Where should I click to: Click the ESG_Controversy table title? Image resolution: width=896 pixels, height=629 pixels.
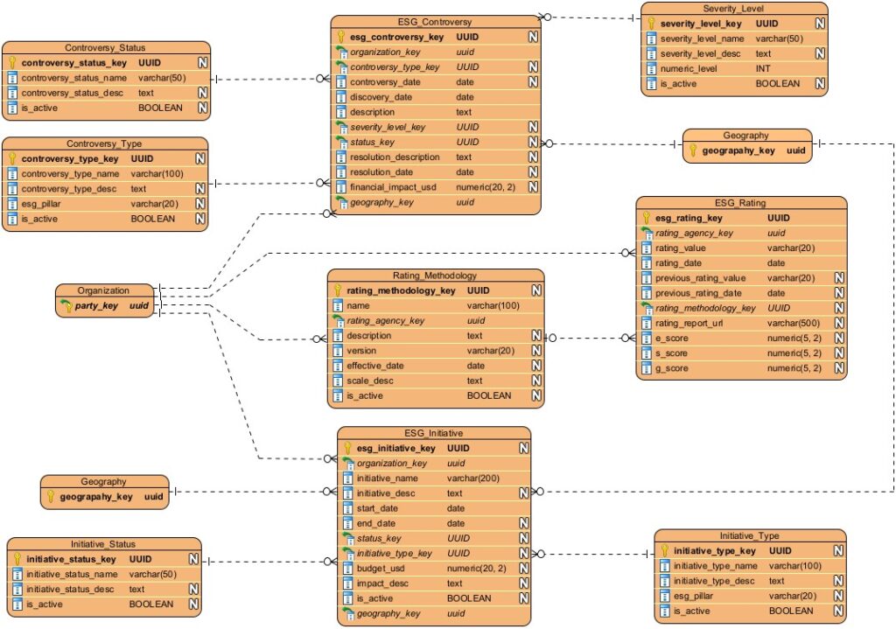[435, 22]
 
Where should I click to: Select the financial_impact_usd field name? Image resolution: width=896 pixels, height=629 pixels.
[394, 187]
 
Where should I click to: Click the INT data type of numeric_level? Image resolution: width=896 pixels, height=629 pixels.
[764, 68]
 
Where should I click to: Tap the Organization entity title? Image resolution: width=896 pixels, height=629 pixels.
[103, 290]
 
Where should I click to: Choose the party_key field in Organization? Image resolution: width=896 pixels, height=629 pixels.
[97, 306]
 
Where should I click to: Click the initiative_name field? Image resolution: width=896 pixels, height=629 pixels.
[391, 479]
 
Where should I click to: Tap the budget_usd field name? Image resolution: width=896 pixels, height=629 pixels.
[381, 569]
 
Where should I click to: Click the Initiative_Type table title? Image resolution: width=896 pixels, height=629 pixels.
[749, 535]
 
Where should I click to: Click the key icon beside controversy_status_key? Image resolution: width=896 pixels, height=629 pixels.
[12, 63]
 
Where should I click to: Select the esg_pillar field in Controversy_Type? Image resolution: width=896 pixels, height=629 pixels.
[47, 204]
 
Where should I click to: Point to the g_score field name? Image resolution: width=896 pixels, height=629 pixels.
[672, 368]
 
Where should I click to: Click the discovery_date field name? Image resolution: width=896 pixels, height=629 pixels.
[381, 97]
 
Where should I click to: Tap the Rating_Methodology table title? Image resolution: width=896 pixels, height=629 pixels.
[435, 275]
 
